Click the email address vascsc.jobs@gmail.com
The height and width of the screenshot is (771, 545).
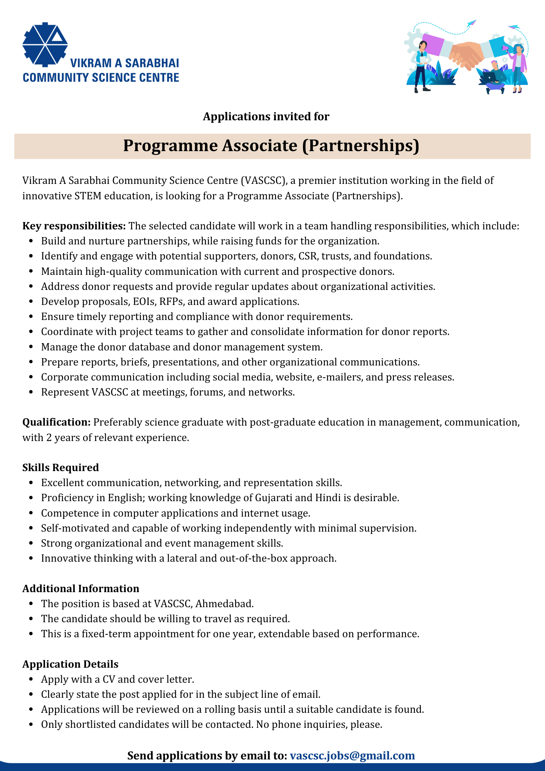pos(352,755)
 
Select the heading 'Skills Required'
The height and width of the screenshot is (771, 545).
pos(61,468)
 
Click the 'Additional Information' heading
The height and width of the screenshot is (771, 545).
pos(81,589)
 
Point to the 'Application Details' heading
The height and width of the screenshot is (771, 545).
pos(70,664)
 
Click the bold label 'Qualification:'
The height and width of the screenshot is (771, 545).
pos(56,422)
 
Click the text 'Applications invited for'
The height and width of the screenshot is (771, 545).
pos(266,116)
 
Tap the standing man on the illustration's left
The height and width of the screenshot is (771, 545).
pos(421,66)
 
